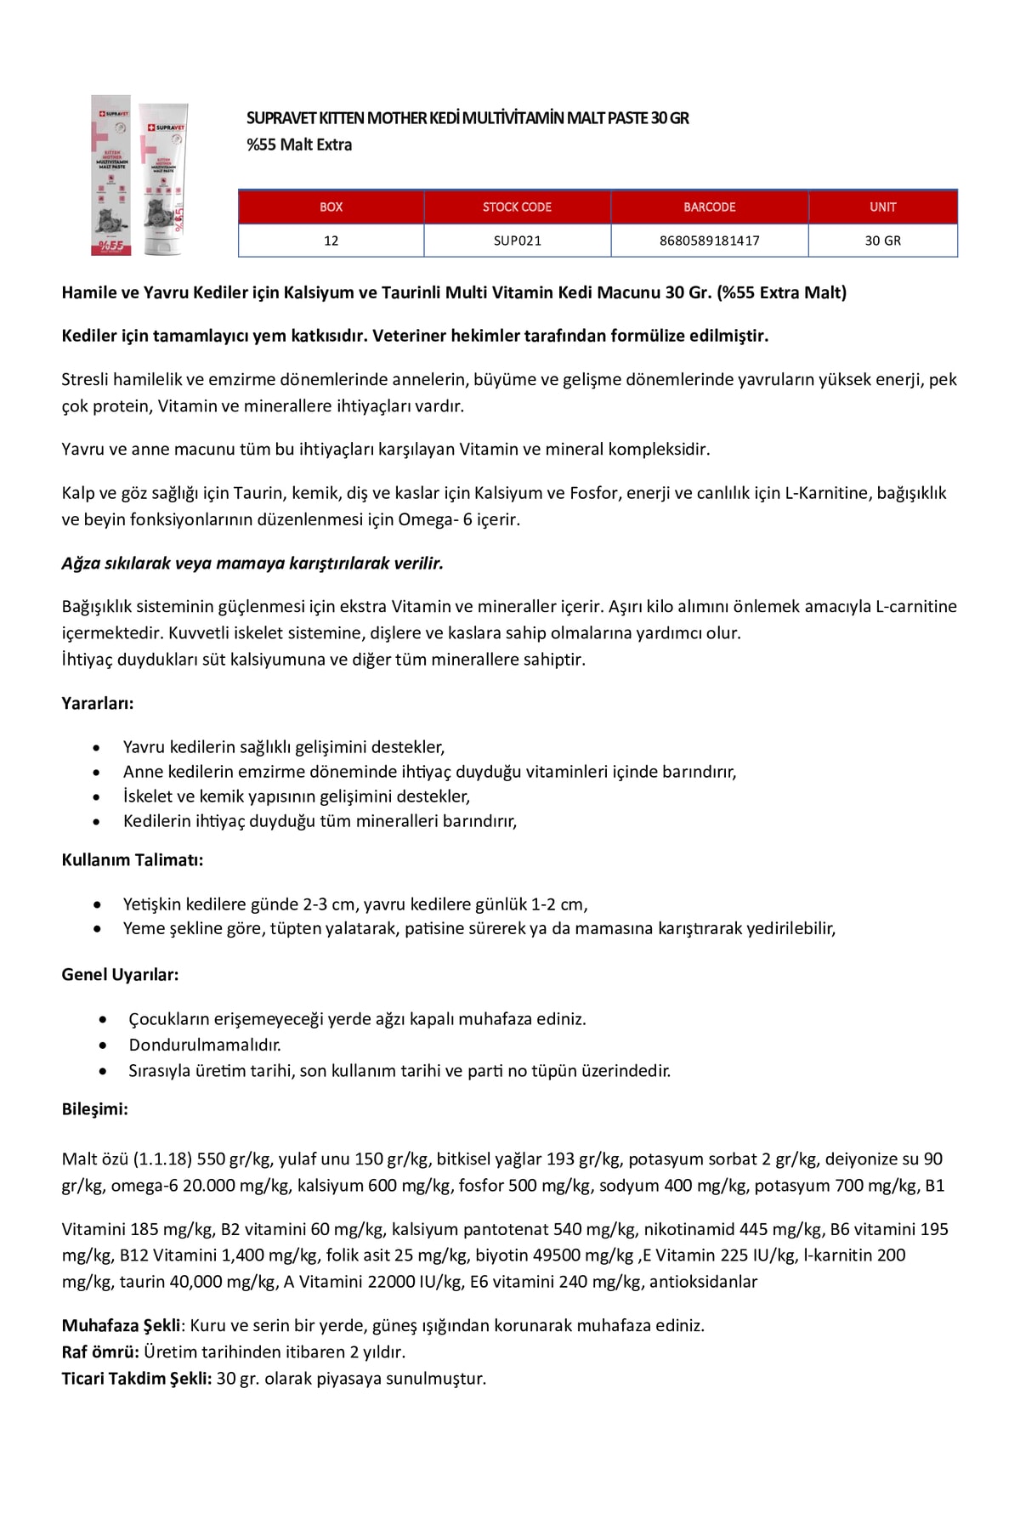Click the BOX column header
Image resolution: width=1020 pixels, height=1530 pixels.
[331, 207]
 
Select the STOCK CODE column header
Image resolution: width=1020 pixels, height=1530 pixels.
[517, 207]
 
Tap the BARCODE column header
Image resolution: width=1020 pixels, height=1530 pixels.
[709, 207]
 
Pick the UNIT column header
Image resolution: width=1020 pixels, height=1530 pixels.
[882, 207]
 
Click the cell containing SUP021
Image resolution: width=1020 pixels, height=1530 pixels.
[517, 241]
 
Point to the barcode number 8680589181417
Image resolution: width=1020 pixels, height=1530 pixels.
[709, 241]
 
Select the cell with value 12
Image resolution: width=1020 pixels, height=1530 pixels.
[331, 241]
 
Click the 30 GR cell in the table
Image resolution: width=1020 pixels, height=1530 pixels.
[882, 241]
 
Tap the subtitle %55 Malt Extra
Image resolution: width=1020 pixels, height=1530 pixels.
[299, 144]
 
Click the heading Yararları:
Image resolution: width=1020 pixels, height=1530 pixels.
[98, 704]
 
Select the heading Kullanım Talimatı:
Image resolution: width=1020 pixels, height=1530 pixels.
[133, 859]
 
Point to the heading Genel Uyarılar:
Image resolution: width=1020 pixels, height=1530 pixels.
[120, 975]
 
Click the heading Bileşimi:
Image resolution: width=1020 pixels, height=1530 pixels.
[95, 1109]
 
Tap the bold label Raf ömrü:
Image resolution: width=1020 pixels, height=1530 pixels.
[100, 1351]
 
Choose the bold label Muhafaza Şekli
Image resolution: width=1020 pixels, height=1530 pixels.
[121, 1325]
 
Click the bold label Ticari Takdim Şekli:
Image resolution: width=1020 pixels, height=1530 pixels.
[136, 1378]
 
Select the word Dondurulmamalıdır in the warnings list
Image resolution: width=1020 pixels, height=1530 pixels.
[204, 1045]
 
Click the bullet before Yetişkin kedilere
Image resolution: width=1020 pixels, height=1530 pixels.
[100, 904]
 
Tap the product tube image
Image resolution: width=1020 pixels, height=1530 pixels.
[139, 175]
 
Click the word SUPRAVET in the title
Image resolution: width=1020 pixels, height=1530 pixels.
[275, 118]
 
